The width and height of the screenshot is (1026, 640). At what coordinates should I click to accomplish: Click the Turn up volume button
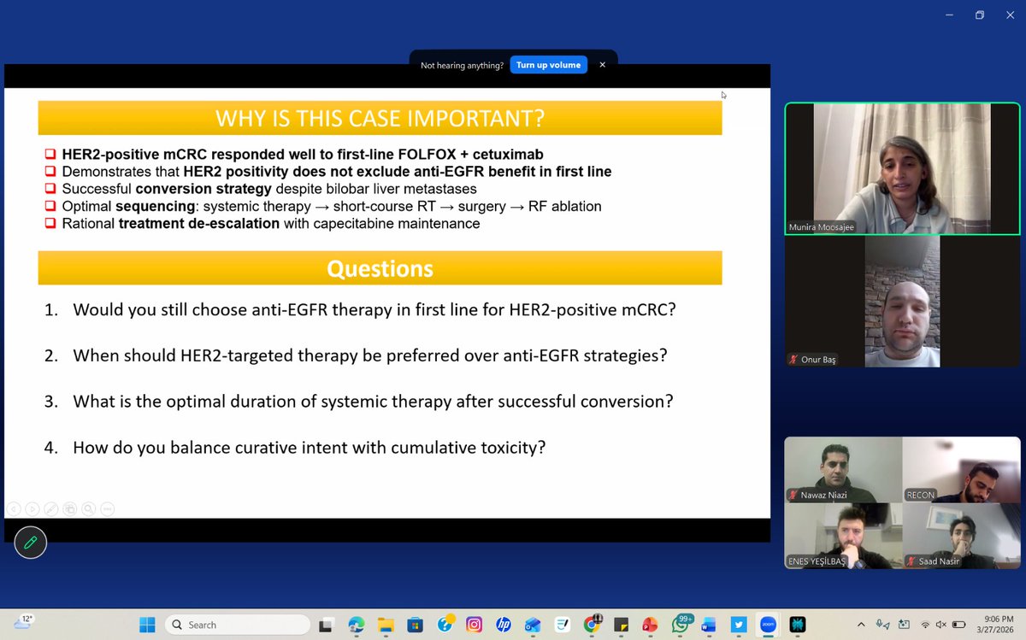click(x=548, y=65)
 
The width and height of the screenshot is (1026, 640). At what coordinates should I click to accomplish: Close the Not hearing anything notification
click(x=602, y=65)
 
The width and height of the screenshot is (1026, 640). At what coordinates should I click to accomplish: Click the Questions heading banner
click(x=380, y=268)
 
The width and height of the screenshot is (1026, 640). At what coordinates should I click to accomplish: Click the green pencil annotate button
click(x=31, y=542)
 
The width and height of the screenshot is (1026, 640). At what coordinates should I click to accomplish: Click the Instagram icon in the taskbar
click(x=473, y=625)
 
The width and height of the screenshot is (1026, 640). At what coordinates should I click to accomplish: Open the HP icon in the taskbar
click(x=503, y=625)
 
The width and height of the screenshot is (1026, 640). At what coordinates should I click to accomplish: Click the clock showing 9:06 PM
click(x=992, y=619)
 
